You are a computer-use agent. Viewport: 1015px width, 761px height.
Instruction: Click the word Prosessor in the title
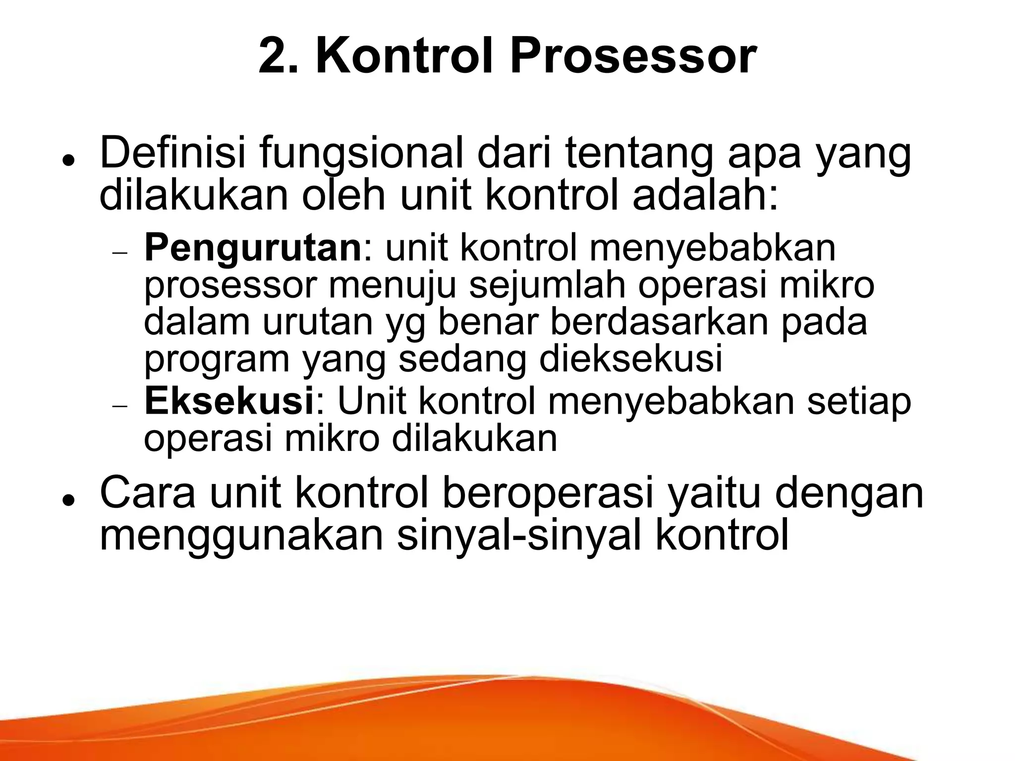(633, 58)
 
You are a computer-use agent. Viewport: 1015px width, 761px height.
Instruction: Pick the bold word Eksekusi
(228, 402)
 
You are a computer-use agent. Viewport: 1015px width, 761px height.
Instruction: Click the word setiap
(859, 402)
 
